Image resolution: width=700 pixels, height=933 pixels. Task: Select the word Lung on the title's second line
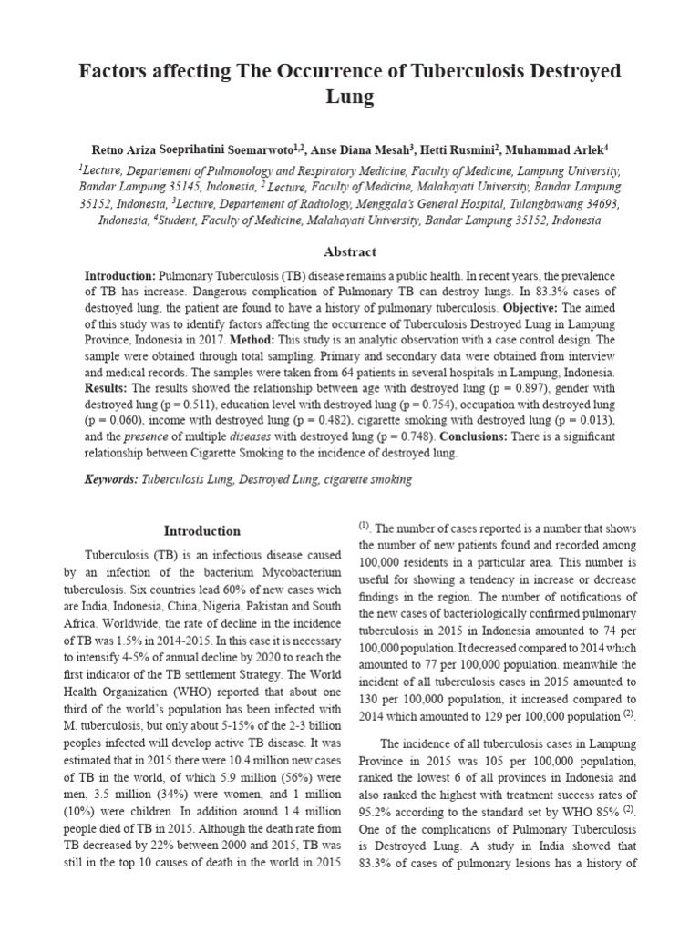coord(350,97)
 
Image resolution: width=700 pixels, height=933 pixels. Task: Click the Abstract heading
coord(349,251)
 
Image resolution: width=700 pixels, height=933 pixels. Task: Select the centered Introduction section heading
coord(201,530)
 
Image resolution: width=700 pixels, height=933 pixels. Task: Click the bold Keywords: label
coord(109,478)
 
